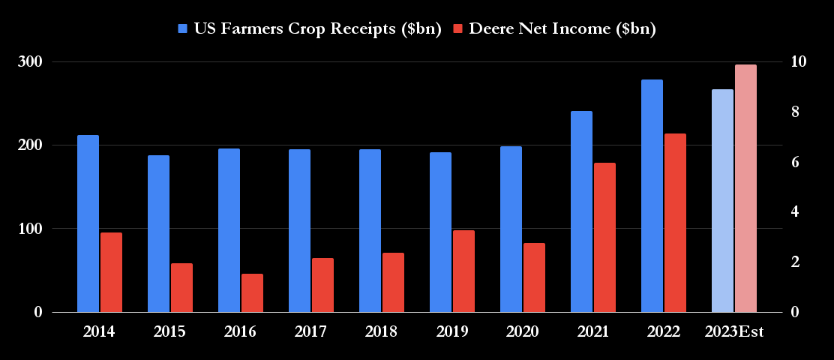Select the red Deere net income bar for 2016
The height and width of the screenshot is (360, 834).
pos(252,293)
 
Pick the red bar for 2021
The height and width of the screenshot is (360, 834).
pos(604,238)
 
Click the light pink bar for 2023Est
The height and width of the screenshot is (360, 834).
pos(745,188)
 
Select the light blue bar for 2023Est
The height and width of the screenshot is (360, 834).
pos(722,201)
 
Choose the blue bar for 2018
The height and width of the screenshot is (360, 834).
pos(370,231)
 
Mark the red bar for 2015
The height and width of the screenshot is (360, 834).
pos(181,288)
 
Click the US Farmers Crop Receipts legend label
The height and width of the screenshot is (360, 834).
pos(317,29)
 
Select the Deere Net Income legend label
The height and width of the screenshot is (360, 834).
pos(562,29)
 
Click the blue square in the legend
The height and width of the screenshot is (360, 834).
pos(183,29)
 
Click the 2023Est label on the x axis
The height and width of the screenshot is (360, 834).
pos(733,331)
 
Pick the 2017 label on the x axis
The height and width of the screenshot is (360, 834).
pos(310,331)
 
